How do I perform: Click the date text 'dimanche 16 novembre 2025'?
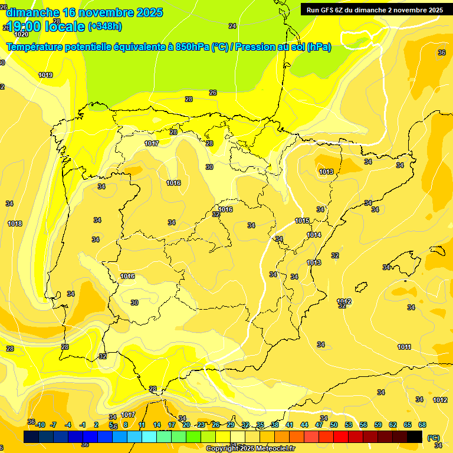tap(84, 12)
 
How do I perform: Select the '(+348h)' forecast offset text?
tap(105, 26)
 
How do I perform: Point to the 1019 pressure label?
tap(45, 75)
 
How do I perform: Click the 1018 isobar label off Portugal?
tap(15, 224)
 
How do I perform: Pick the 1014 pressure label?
tap(314, 235)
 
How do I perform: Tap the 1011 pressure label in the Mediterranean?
tap(404, 347)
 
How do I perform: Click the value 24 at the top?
tap(232, 26)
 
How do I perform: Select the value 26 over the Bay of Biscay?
tap(213, 93)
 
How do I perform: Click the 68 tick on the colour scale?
tap(422, 425)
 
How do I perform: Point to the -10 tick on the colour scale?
tap(40, 425)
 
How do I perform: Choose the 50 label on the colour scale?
tap(334, 425)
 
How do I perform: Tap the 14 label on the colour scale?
tap(157, 425)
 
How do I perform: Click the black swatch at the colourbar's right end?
tap(415, 436)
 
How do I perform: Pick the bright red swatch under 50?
tap(341, 436)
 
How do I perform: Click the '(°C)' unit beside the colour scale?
tap(434, 438)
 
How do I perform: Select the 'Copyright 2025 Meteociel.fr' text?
tap(251, 449)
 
